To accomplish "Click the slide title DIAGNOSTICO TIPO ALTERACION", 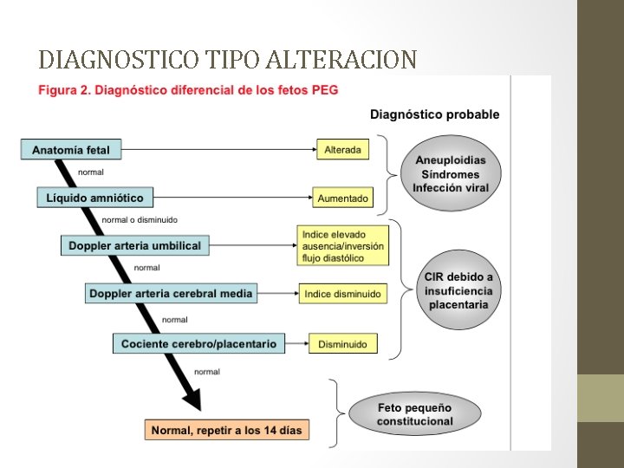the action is pos(228,59).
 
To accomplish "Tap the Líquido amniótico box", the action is pos(95,198).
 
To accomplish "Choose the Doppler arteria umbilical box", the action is pos(134,245).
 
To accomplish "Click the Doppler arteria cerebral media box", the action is pos(172,294).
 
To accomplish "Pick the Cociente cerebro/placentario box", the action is pos(198,344).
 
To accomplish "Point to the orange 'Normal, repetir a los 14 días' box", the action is pos(228,429).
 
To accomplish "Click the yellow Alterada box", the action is pos(342,149).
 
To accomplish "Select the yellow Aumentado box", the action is pos(342,198).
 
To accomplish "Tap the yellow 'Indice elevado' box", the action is pos(343,245).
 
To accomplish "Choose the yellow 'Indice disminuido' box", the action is pos(342,294).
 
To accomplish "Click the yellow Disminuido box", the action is pos(342,344).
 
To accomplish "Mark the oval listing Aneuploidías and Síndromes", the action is pos(450,174).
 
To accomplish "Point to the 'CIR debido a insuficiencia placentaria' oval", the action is pos(458,290).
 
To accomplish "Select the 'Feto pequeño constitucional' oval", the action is pos(414,414).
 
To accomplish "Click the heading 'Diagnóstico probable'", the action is pos(434,114).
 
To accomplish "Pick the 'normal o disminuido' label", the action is pos(140,219).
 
